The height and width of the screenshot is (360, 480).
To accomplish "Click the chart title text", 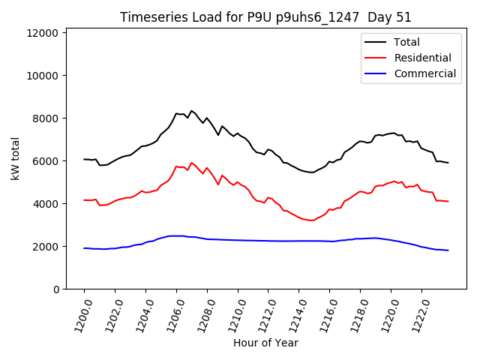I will [x=265, y=17].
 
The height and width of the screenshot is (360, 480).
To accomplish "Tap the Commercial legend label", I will [x=424, y=73].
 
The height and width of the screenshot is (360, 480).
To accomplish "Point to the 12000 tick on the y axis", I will [x=41, y=33].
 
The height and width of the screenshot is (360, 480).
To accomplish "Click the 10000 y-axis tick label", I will [x=41, y=76].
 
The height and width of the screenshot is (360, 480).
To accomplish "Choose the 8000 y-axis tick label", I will [x=44, y=118].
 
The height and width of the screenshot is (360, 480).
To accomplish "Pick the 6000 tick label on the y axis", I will [x=44, y=161].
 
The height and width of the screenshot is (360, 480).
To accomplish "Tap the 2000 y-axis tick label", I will [x=44, y=247].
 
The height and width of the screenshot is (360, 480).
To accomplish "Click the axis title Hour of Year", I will [x=265, y=343].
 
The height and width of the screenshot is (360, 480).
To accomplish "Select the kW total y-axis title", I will [x=14, y=158].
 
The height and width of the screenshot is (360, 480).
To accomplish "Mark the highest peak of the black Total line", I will [x=191, y=110].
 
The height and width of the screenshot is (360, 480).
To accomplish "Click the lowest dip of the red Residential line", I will [x=310, y=220].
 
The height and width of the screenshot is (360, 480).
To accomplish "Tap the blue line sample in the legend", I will [x=376, y=73].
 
